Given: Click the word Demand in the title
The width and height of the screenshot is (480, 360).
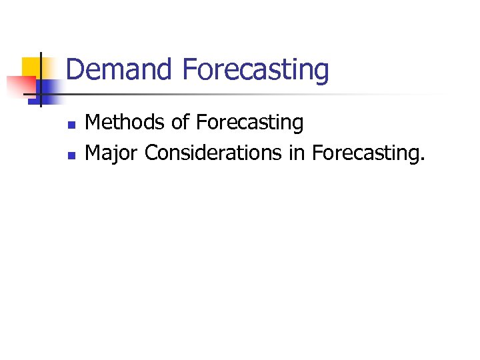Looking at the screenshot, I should click(119, 70).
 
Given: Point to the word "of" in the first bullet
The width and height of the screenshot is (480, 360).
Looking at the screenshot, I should click(180, 123).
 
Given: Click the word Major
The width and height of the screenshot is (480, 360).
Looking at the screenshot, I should click(112, 154).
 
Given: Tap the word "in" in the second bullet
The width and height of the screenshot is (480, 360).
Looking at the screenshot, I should click(296, 153).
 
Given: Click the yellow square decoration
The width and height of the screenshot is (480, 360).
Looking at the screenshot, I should click(31, 67).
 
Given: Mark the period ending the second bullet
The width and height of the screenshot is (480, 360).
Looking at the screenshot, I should click(421, 160).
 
